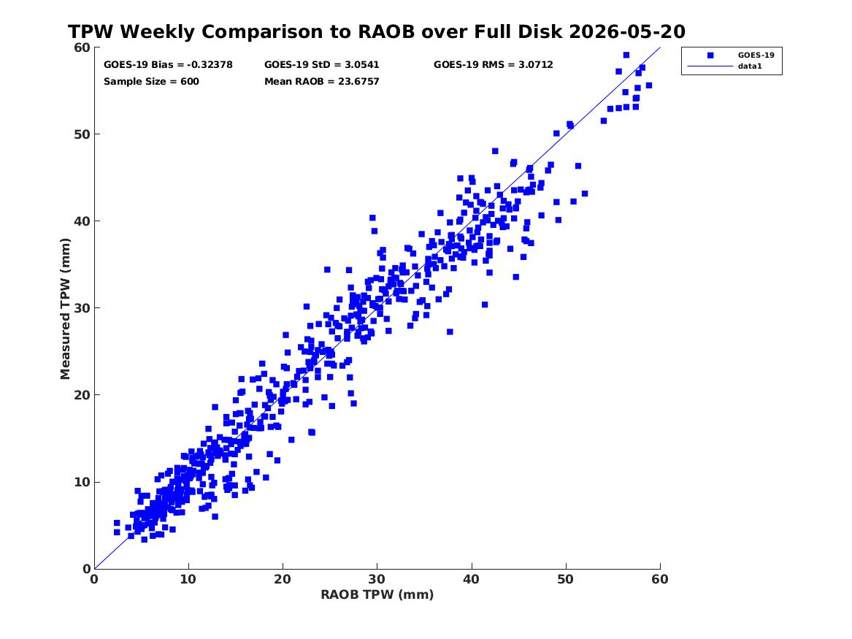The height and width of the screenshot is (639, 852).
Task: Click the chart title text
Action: (377, 31)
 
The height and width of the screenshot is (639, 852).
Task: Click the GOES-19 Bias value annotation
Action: (168, 65)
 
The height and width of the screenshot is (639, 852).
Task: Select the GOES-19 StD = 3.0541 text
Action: (322, 65)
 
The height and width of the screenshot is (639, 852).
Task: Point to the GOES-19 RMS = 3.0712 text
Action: (494, 65)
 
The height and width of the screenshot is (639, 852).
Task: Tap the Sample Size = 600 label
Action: (151, 82)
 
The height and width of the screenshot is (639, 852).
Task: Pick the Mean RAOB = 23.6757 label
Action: (322, 82)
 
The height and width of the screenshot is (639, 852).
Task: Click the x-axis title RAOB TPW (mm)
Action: (377, 594)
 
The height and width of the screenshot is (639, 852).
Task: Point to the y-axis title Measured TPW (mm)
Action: (65, 309)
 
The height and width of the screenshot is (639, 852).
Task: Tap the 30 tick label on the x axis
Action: (377, 579)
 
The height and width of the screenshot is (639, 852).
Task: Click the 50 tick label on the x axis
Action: (566, 579)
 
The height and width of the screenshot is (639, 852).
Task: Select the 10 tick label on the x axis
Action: (188, 579)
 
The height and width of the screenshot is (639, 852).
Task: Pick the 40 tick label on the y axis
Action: (82, 221)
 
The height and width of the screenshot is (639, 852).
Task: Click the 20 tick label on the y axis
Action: (82, 395)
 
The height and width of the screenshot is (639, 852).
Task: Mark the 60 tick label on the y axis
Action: (82, 47)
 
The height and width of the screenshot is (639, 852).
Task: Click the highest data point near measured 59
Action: (626, 55)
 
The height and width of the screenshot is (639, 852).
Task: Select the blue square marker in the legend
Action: (710, 55)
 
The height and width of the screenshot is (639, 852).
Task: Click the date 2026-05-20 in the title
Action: (627, 31)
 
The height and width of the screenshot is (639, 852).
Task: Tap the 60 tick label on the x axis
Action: (660, 579)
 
